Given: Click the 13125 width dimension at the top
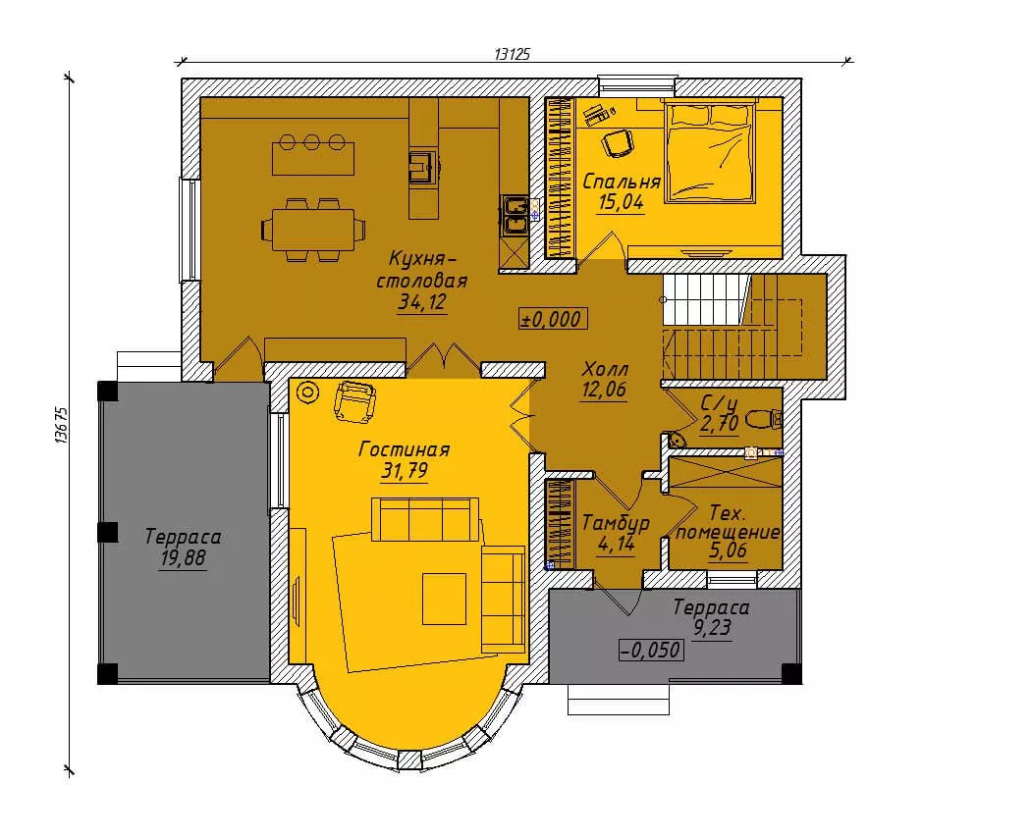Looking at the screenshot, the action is pyautogui.click(x=512, y=54).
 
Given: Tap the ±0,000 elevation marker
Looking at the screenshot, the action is pyautogui.click(x=552, y=319).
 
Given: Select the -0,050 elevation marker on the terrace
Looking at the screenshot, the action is pyautogui.click(x=651, y=650).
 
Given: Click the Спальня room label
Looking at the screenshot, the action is pyautogui.click(x=622, y=181).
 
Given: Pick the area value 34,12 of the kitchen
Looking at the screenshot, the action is pyautogui.click(x=422, y=302).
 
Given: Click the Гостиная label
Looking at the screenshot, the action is pyautogui.click(x=405, y=449).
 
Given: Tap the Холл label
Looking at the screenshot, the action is pyautogui.click(x=605, y=369).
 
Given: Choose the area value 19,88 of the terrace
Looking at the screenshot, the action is pyautogui.click(x=183, y=558).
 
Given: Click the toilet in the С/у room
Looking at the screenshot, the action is pyautogui.click(x=765, y=418).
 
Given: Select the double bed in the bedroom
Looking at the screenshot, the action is pyautogui.click(x=710, y=150).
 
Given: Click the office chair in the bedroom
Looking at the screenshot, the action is pyautogui.click(x=618, y=142).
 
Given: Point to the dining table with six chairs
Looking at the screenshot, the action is pyautogui.click(x=313, y=230).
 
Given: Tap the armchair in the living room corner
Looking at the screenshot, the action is pyautogui.click(x=355, y=400).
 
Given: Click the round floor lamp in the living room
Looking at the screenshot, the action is pyautogui.click(x=306, y=393).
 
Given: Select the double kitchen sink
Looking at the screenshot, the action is pyautogui.click(x=514, y=215).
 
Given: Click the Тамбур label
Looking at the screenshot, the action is pyautogui.click(x=616, y=523).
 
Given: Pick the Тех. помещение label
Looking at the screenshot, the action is pyautogui.click(x=728, y=522).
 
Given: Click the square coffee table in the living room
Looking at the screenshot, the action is pyautogui.click(x=445, y=599).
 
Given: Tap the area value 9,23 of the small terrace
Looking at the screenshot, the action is pyautogui.click(x=712, y=628).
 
